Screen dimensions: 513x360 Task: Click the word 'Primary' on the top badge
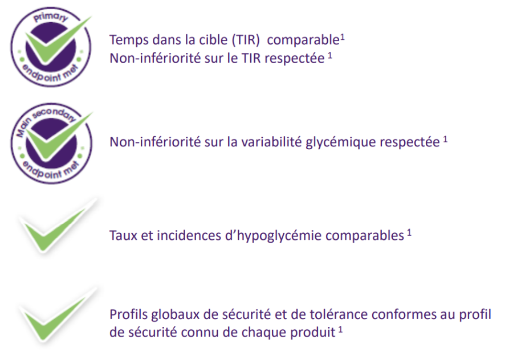50,17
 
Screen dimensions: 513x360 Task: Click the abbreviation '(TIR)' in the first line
246,40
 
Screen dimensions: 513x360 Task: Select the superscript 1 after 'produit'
341,329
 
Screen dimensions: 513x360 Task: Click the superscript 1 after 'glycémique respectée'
445,140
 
